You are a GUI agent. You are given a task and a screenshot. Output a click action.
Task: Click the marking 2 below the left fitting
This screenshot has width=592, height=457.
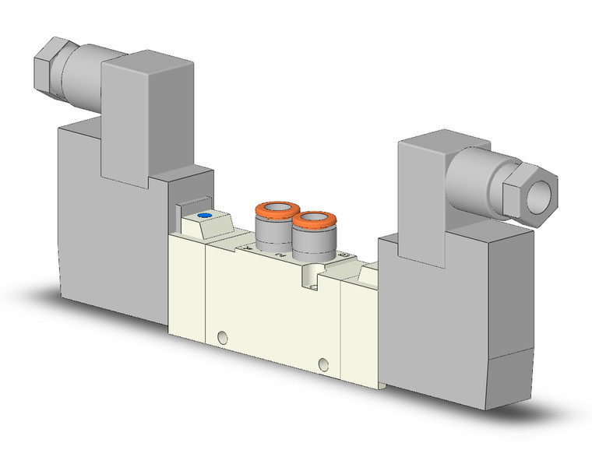coord(278,254)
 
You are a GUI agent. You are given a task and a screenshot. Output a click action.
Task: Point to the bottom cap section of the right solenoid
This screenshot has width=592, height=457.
coord(467,381)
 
